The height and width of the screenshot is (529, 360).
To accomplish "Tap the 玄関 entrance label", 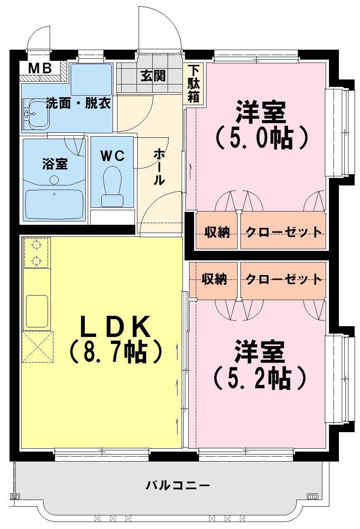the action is (153, 76).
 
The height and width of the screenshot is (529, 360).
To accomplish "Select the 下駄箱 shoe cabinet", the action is (194, 84).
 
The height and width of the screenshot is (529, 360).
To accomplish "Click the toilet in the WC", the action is (113, 186).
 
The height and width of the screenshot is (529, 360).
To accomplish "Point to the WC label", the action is (113, 156).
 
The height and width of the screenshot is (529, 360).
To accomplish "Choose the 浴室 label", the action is (55, 164).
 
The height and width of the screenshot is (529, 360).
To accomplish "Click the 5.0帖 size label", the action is (262, 139).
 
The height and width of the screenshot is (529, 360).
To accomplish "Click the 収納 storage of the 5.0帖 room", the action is (217, 230).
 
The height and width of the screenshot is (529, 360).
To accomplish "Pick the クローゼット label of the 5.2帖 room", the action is (283, 280).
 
